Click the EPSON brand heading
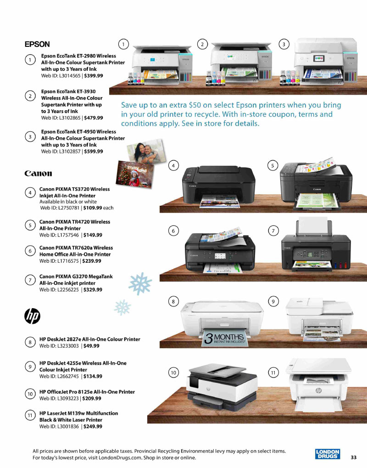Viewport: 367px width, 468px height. pos(37,44)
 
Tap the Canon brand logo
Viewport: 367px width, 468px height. pos(38,174)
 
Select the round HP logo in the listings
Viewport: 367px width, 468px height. pos(32,316)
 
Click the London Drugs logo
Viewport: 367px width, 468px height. pos(328,454)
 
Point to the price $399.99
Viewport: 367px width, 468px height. pos(94,76)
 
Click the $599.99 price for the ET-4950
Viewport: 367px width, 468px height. pos(94,152)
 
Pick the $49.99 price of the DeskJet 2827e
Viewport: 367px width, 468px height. pos(92,346)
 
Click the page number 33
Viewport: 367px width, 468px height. pos(354,457)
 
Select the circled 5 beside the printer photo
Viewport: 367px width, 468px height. pos(272,165)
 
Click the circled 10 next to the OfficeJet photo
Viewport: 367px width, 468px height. pos(173,372)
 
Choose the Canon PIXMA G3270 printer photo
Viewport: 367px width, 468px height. pos(316,245)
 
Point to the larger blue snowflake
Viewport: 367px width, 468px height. pos(140,283)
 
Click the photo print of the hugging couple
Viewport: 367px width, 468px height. pos(146,152)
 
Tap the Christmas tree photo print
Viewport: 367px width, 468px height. pos(135,175)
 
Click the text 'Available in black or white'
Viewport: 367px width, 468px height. pos(68,202)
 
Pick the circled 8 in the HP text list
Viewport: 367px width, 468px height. pos(30,342)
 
